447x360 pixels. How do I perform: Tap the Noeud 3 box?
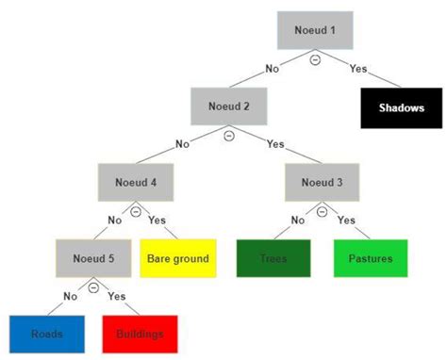click(322, 183)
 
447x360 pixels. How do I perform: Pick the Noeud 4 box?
click(135, 183)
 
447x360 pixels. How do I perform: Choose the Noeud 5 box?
click(91, 257)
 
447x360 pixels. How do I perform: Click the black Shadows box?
click(402, 107)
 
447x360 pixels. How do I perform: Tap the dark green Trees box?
click(273, 258)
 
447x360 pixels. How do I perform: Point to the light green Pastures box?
click(370, 258)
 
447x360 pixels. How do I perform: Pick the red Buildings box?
click(140, 334)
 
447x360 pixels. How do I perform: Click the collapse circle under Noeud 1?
click(315, 59)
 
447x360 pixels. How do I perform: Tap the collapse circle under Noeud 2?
click(227, 136)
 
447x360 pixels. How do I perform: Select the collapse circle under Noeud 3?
click(323, 212)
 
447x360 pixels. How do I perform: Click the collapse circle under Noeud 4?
click(136, 212)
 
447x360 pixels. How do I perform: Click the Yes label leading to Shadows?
click(359, 68)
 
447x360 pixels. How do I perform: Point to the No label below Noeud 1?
click(272, 68)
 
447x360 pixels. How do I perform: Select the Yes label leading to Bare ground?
click(157, 220)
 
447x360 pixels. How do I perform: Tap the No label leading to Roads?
click(70, 296)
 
